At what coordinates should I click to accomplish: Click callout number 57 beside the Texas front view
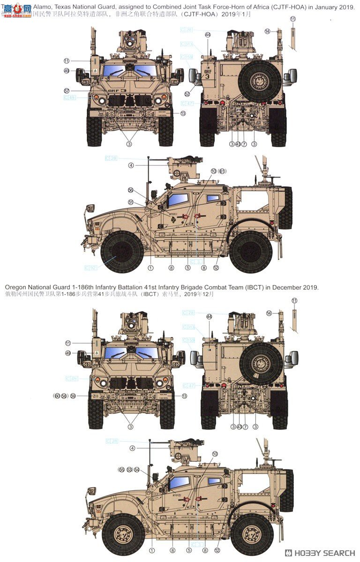tap(67, 90)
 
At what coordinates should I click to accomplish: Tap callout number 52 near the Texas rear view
tap(187, 94)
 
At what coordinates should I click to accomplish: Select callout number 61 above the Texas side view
tap(222, 171)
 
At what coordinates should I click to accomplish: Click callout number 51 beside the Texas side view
tap(131, 202)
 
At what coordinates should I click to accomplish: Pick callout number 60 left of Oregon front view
tap(57, 396)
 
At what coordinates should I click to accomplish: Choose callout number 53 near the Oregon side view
tap(129, 469)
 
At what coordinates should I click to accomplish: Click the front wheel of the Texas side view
tap(122, 252)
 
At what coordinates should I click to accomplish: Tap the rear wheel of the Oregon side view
tap(252, 533)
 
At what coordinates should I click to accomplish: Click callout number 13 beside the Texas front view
tap(183, 113)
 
